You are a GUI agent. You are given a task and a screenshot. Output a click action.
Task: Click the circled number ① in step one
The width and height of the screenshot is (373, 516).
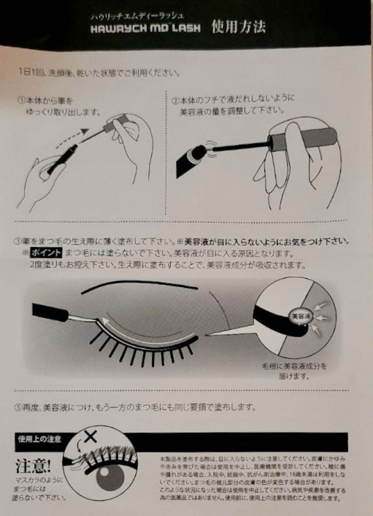21,101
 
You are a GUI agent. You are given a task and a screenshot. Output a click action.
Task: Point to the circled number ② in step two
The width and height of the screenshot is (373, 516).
176,101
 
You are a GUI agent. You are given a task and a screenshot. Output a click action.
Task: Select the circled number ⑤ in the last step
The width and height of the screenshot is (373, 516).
18,408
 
